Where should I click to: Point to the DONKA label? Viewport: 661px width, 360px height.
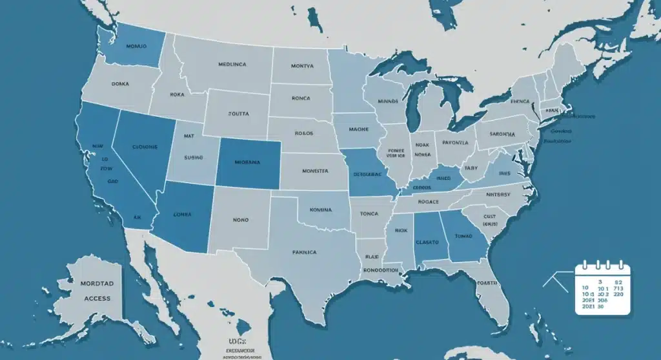(120, 84)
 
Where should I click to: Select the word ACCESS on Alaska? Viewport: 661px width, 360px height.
(97, 298)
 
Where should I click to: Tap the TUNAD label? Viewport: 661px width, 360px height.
(464, 236)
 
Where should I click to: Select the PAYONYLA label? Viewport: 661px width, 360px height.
(455, 143)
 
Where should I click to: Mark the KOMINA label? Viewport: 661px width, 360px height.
(320, 210)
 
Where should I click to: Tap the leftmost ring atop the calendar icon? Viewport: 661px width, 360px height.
(585, 265)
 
